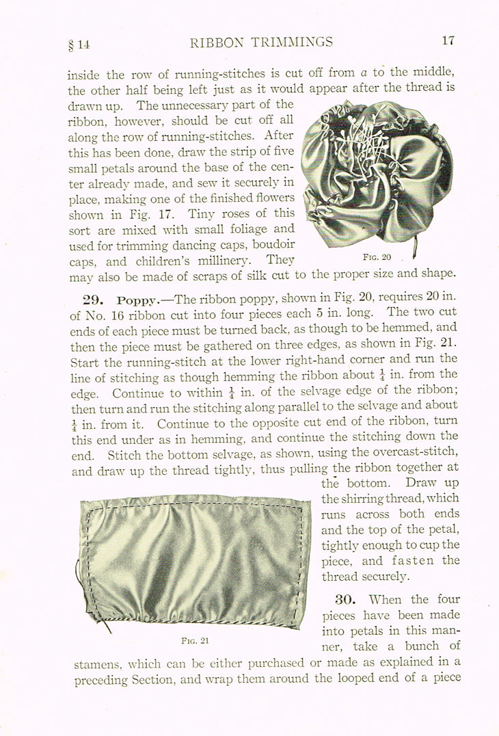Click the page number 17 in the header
tap(448, 40)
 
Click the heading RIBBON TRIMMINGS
tap(262, 42)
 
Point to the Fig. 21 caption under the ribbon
tap(195, 640)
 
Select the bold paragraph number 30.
tap(345, 600)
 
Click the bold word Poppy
tap(137, 301)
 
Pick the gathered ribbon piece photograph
tap(193, 559)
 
